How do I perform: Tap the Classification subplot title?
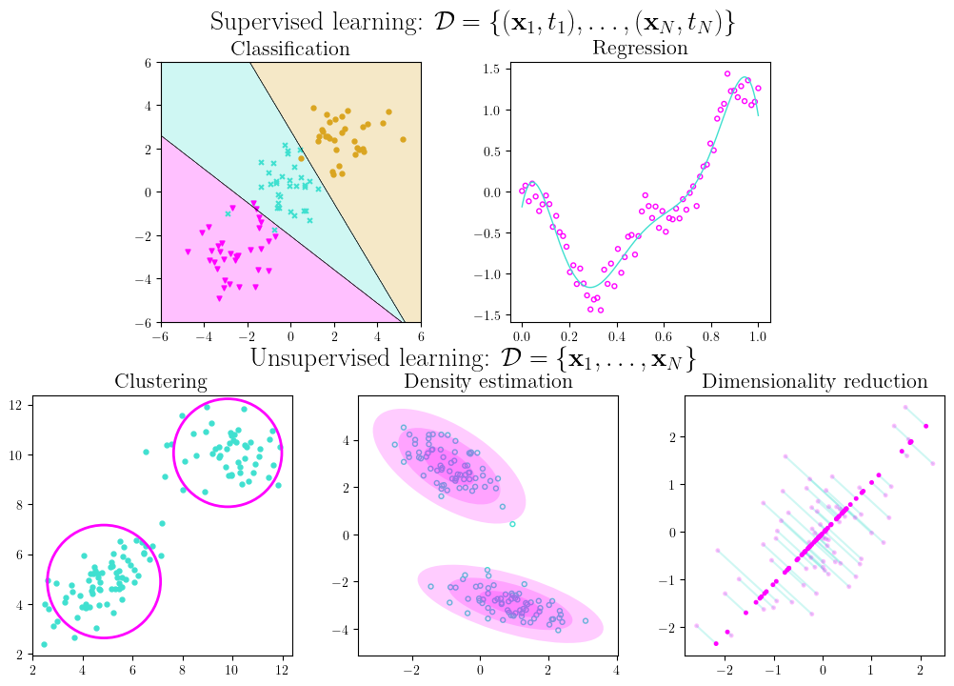click(x=290, y=49)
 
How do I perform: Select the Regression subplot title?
click(x=640, y=48)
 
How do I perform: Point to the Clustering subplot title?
click(x=161, y=382)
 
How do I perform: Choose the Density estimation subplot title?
click(x=488, y=382)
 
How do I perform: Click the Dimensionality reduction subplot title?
click(x=815, y=382)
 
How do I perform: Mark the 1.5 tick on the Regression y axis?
click(x=493, y=69)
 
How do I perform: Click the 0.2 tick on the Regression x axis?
click(x=568, y=337)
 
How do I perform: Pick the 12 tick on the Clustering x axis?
click(x=282, y=670)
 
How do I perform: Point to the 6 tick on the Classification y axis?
click(x=149, y=63)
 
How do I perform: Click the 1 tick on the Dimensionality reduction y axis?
click(x=672, y=484)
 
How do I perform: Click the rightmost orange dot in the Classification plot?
click(x=403, y=139)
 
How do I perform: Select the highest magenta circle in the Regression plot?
click(x=727, y=73)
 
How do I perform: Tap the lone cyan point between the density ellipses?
click(x=512, y=524)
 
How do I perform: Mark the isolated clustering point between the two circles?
click(x=162, y=523)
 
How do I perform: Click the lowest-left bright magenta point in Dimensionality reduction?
click(x=716, y=644)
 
